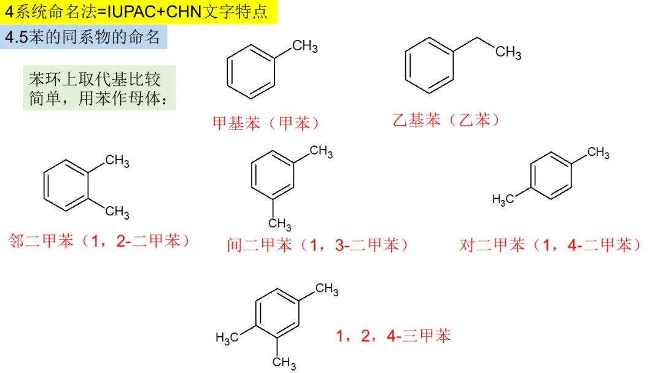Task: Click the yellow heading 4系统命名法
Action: tap(138, 12)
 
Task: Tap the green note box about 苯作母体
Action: tap(99, 88)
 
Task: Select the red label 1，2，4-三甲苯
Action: tap(394, 336)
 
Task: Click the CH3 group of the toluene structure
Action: tap(304, 47)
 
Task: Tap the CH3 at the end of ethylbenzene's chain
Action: tap(508, 53)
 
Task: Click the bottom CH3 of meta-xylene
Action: tap(280, 223)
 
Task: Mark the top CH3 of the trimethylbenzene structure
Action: tap(327, 289)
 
